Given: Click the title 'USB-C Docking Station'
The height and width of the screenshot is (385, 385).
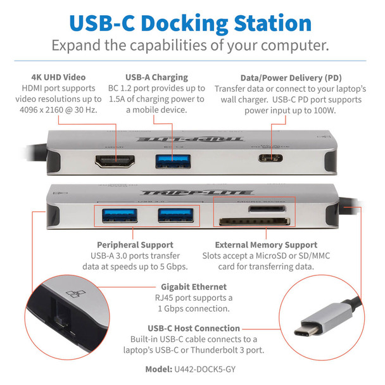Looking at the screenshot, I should [192, 22].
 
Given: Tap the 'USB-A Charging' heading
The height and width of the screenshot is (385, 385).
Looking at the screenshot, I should [165, 77].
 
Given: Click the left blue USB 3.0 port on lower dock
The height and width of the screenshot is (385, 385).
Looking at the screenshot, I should [118, 216].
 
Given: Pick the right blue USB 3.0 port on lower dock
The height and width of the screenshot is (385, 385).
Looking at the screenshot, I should [172, 216].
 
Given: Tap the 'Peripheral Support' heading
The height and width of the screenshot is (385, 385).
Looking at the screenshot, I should [135, 244].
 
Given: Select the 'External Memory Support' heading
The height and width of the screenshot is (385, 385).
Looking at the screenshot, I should [266, 244].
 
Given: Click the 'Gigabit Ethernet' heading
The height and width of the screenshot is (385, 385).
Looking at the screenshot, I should [192, 287].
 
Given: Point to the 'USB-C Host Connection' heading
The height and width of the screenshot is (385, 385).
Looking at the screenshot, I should [194, 328].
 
